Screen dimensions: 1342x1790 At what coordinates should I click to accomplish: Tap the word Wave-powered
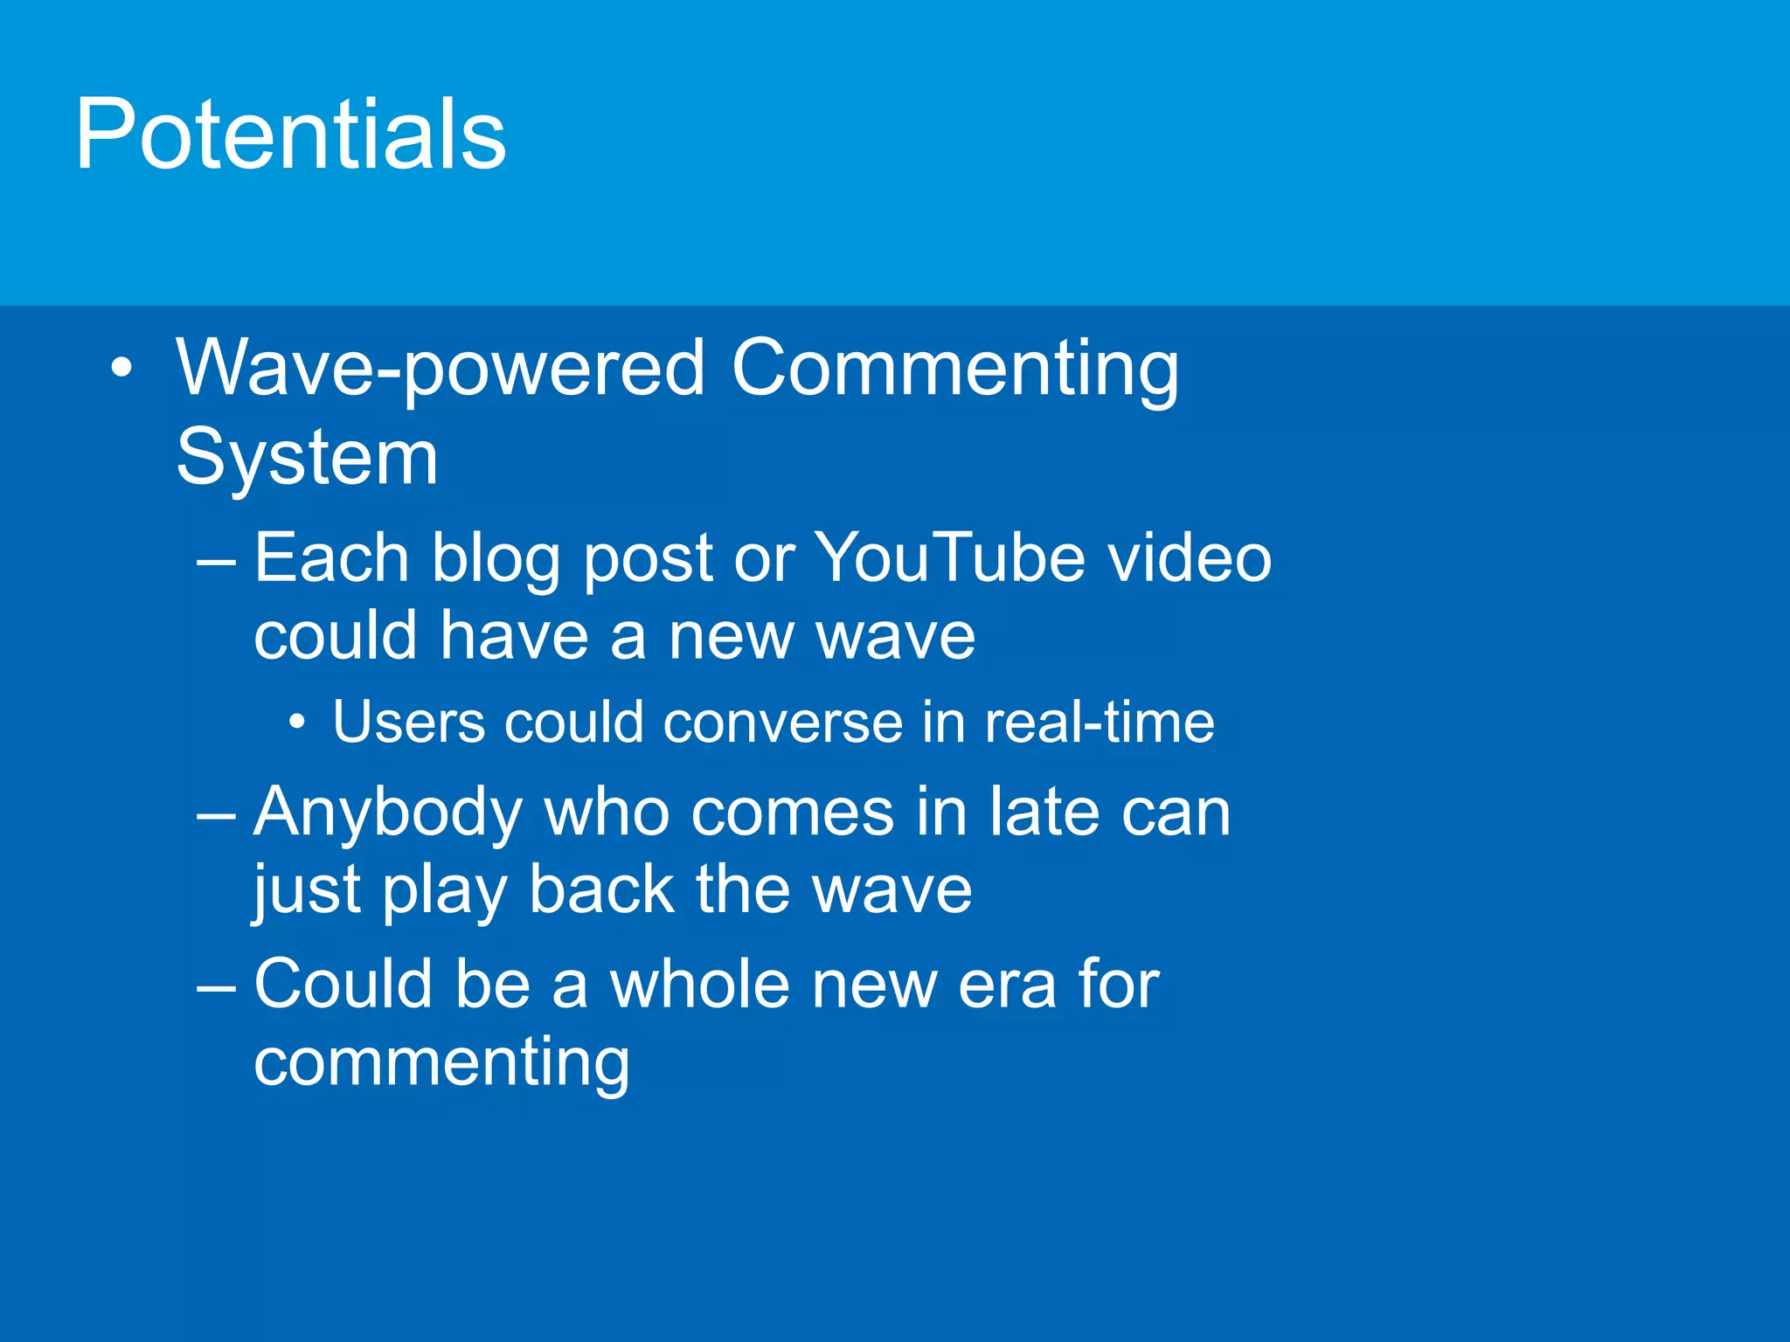(x=441, y=369)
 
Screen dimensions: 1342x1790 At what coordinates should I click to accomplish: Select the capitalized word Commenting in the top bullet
(x=954, y=369)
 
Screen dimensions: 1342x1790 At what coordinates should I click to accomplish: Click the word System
(x=307, y=458)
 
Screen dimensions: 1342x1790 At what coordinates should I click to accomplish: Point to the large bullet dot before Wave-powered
(x=122, y=368)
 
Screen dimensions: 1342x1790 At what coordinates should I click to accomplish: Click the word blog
(x=496, y=559)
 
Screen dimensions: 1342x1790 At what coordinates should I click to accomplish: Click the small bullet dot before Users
(x=297, y=723)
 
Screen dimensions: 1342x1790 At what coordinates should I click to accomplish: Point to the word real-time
(x=1100, y=723)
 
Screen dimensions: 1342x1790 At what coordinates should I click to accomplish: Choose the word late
(x=1043, y=812)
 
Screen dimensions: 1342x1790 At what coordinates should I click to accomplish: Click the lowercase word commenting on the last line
(x=441, y=1062)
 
